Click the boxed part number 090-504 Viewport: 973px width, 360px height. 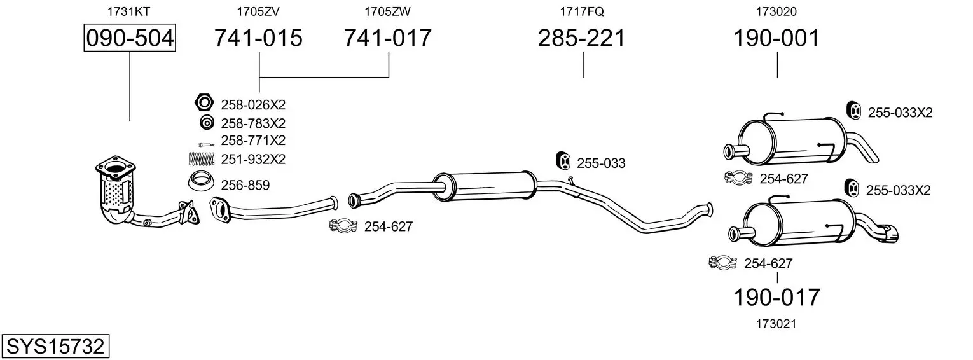pos(130,38)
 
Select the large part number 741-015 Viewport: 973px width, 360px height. pos(258,38)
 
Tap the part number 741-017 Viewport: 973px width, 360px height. pos(387,38)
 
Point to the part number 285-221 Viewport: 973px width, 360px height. pos(581,38)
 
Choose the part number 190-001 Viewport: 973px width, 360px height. pos(776,38)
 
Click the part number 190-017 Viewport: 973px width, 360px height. pos(776,297)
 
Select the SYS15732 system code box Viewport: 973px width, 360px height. pos(55,346)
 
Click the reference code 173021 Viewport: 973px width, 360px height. pos(776,324)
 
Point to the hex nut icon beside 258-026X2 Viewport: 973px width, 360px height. pos(204,103)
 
